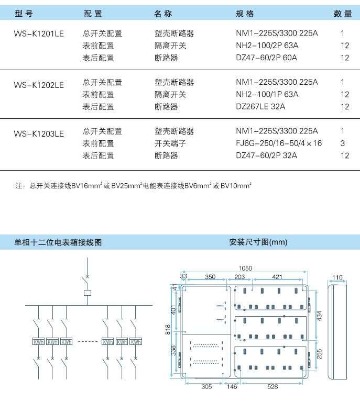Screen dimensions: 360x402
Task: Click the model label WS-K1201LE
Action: tap(39, 34)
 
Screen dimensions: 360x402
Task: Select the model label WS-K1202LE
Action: tap(39, 85)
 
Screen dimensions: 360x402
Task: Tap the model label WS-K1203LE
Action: tap(39, 134)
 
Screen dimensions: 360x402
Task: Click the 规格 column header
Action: tap(245, 14)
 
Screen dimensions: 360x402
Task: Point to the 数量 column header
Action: tap(343, 14)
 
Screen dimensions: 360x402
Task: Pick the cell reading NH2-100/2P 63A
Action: tap(267, 46)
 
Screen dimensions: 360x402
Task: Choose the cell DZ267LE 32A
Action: tap(260, 106)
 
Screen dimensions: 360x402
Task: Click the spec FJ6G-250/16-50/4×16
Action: tap(279, 143)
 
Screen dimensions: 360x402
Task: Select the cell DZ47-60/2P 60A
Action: tap(267, 58)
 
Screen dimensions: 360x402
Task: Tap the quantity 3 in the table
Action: tap(343, 143)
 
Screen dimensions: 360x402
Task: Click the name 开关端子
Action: tap(170, 143)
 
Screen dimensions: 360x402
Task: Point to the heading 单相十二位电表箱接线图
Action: tap(58, 242)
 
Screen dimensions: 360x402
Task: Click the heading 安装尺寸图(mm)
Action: tap(258, 242)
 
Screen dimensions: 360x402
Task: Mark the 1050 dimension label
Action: tap(246, 268)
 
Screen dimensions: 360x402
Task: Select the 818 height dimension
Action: tap(168, 329)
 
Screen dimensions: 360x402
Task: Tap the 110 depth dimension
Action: tap(337, 277)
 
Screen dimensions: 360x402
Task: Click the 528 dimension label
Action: tap(272, 387)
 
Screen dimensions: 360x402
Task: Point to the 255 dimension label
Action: tap(320, 354)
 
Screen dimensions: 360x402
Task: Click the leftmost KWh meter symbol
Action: tap(38, 342)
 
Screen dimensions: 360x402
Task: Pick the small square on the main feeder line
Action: tap(88, 293)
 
